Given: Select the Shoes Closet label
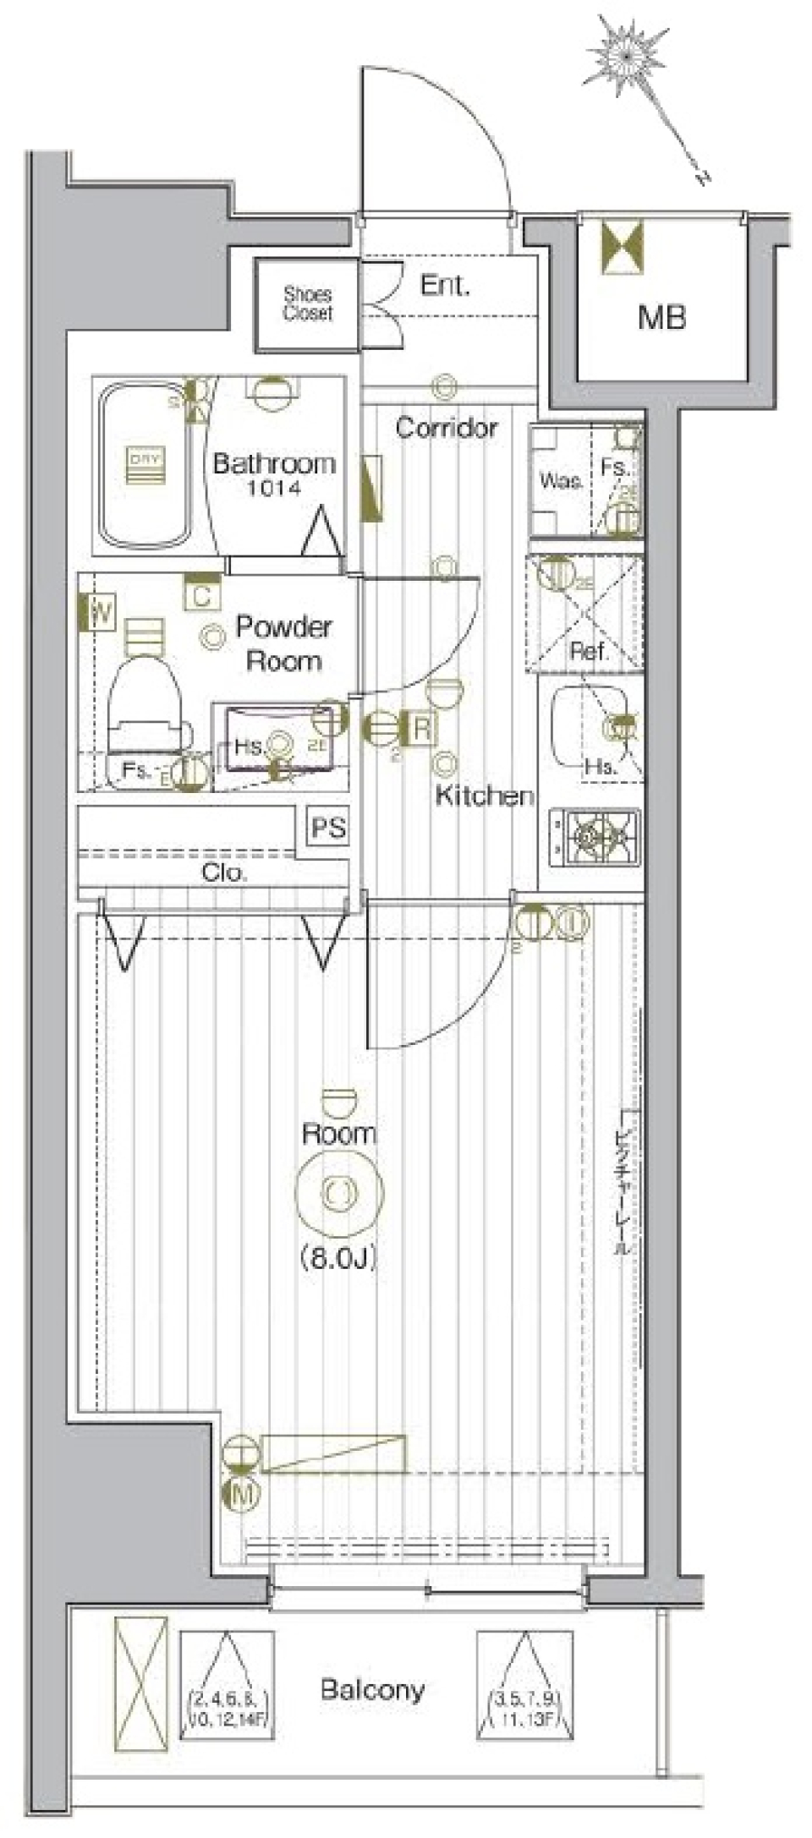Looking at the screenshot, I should pos(307,304).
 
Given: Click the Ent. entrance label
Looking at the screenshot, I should pos(444,285).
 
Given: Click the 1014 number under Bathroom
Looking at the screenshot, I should pos(273,488).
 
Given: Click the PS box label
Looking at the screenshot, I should pos(328,827).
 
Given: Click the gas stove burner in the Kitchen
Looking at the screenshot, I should pos(596,837).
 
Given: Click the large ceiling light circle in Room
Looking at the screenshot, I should pos(338,1193).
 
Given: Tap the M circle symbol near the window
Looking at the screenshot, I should pos(242,1494).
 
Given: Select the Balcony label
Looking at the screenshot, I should pos(372,1690).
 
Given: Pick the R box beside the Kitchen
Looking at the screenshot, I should pos(420,728).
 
